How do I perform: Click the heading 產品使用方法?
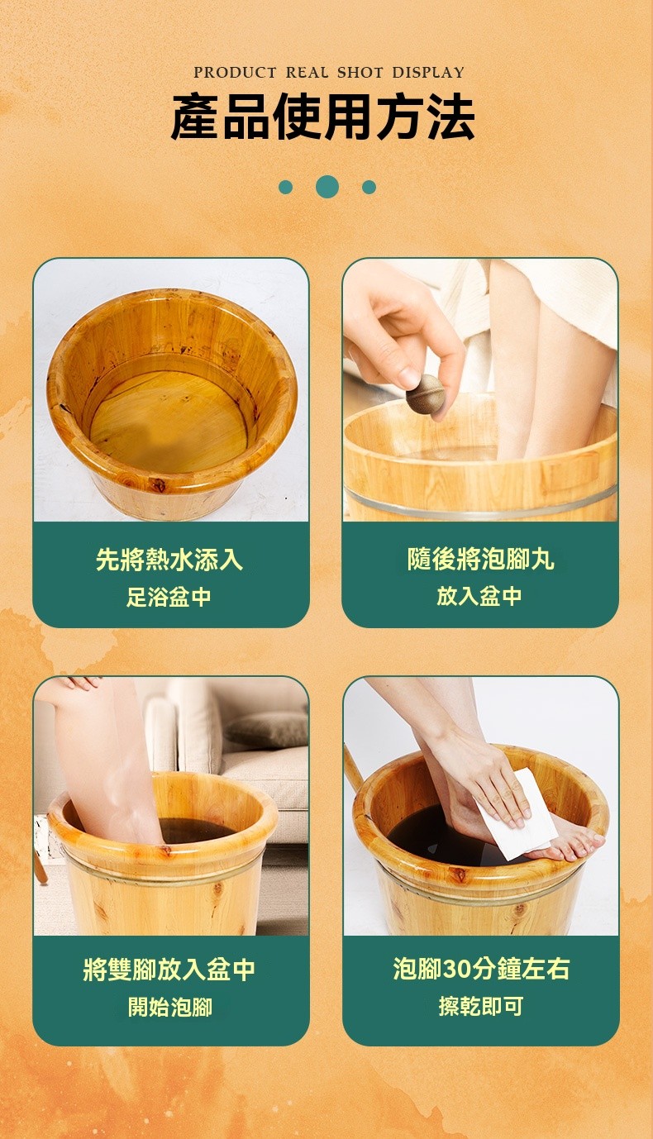click(x=323, y=117)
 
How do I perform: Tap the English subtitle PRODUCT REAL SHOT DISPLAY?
click(x=329, y=72)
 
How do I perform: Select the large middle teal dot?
click(x=327, y=187)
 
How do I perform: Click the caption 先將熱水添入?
click(x=169, y=560)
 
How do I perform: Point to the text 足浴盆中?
click(x=169, y=597)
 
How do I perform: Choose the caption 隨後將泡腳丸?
click(x=480, y=559)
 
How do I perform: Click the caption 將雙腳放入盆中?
click(x=169, y=970)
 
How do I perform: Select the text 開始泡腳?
click(x=169, y=1006)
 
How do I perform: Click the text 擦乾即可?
click(x=481, y=1005)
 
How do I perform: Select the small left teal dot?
click(x=286, y=187)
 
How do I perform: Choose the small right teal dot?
click(x=369, y=187)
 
